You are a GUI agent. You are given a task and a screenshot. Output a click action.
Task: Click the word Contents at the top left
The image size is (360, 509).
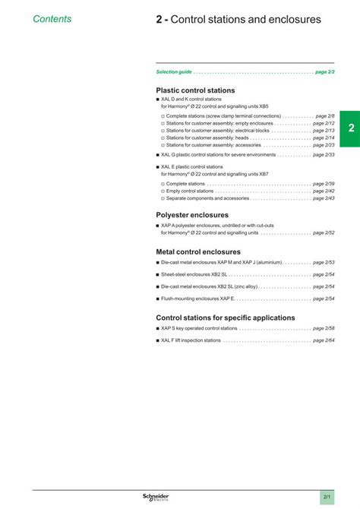52,18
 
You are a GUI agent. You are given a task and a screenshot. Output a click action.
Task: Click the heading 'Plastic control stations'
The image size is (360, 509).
195,90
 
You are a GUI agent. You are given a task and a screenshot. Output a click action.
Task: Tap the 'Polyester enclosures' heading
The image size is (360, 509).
192,215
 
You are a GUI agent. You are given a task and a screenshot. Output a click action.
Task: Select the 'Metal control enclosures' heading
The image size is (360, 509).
198,251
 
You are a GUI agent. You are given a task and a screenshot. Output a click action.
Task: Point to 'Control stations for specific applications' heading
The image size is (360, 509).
226,318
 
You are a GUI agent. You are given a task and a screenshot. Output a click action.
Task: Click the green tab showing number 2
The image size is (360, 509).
350,128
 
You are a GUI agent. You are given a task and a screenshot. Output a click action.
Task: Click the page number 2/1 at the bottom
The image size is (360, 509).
327,497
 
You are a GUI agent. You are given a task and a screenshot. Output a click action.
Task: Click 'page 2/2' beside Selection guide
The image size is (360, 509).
325,71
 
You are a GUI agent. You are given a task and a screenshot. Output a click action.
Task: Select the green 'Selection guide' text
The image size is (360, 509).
174,71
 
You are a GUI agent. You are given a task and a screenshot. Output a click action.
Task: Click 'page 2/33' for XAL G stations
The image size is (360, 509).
324,154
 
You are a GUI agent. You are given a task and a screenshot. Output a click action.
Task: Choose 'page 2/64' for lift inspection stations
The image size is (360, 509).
324,340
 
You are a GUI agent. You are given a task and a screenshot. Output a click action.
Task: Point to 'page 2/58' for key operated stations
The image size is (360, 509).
324,328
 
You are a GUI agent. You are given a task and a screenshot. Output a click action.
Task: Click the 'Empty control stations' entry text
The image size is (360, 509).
190,191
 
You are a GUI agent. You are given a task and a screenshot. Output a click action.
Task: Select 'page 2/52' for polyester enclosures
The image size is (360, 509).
324,232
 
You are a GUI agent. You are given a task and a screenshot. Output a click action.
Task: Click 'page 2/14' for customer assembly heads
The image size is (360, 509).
324,138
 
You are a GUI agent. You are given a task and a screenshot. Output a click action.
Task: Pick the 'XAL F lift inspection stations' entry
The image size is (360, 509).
191,340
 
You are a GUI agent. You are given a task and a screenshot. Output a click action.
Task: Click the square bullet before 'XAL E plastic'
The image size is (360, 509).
157,166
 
